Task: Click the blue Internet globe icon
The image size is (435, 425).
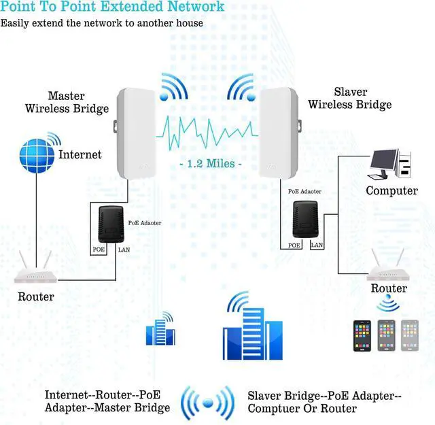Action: tap(37, 155)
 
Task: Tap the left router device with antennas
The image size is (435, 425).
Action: tap(36, 271)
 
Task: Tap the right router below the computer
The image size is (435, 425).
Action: tap(389, 267)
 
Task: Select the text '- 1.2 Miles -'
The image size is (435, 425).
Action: tap(211, 165)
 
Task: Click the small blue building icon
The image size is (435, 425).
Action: tap(160, 329)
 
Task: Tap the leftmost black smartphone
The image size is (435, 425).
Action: tap(362, 335)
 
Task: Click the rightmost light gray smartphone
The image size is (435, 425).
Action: tap(410, 335)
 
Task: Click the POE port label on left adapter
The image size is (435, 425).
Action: tap(99, 250)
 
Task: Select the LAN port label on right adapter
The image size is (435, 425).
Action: tap(317, 245)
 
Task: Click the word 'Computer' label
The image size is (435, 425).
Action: tap(391, 190)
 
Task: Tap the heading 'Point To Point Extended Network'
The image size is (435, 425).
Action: tap(112, 7)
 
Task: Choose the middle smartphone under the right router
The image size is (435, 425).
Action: tap(386, 335)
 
